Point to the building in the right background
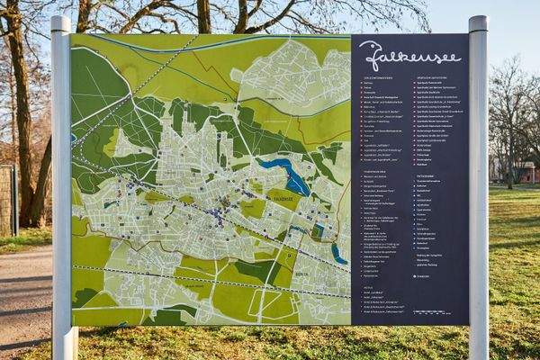coord(526,171)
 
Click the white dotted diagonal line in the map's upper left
coord(135,90)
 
